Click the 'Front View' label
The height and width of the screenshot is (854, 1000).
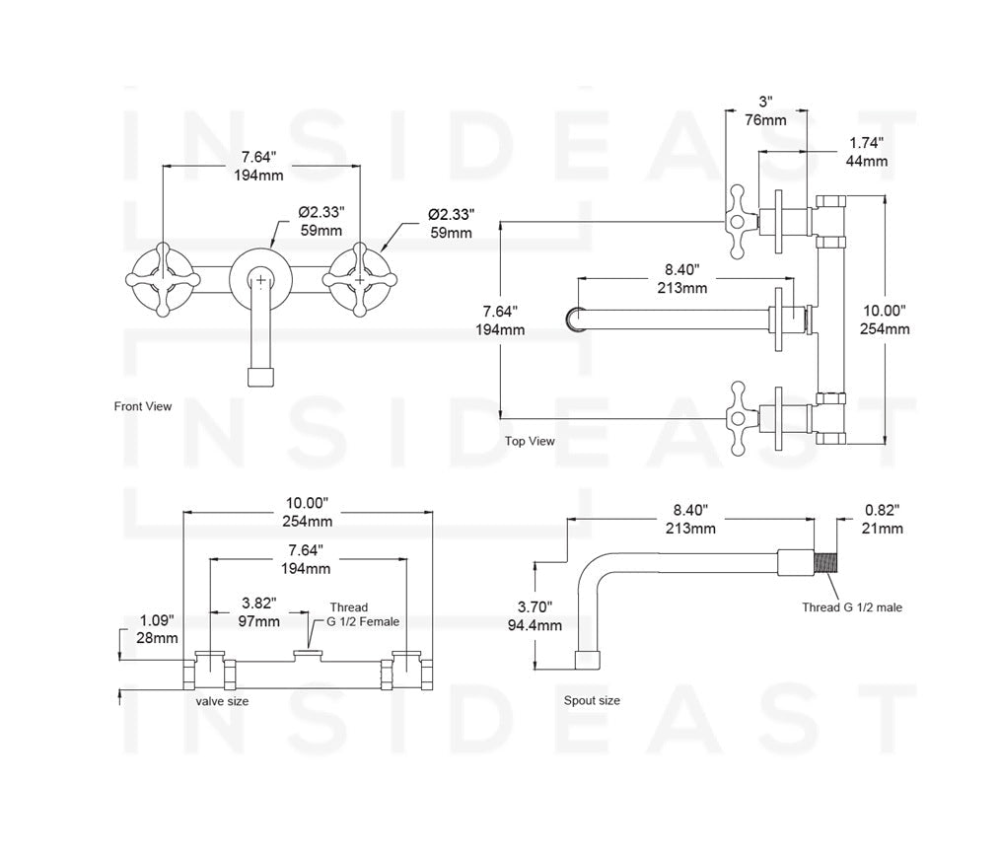pos(143,406)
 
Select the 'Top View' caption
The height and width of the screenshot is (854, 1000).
pos(530,441)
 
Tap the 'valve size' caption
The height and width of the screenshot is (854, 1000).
pos(223,701)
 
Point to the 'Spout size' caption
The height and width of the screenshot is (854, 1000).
pos(592,701)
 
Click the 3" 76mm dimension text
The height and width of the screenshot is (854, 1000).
pos(765,110)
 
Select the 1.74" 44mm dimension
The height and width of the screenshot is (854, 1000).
pos(868,152)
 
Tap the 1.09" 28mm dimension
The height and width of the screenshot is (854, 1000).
pos(158,629)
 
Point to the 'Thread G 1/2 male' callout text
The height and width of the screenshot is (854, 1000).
pos(851,607)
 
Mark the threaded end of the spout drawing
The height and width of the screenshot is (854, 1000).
pos(825,562)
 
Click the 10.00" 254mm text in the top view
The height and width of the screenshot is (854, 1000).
pos(885,320)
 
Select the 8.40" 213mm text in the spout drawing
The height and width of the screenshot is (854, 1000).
pos(689,520)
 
